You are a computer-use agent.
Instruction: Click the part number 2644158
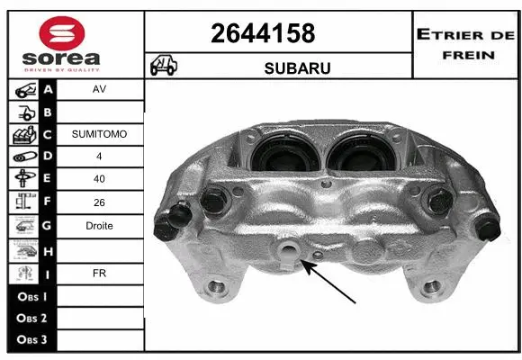(263, 33)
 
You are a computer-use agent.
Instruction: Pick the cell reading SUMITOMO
(99, 134)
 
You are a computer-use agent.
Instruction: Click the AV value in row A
(99, 90)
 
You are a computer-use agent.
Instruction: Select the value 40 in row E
(99, 180)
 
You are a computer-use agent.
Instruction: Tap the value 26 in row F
(99, 202)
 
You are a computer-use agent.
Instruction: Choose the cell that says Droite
(99, 226)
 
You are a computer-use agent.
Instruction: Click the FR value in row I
(99, 271)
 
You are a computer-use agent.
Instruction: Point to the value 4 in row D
(99, 157)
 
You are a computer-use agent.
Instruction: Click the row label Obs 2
(31, 318)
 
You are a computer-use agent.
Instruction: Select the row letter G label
(48, 226)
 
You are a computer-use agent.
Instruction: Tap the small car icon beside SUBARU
(163, 66)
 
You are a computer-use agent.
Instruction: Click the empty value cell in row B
(99, 112)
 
